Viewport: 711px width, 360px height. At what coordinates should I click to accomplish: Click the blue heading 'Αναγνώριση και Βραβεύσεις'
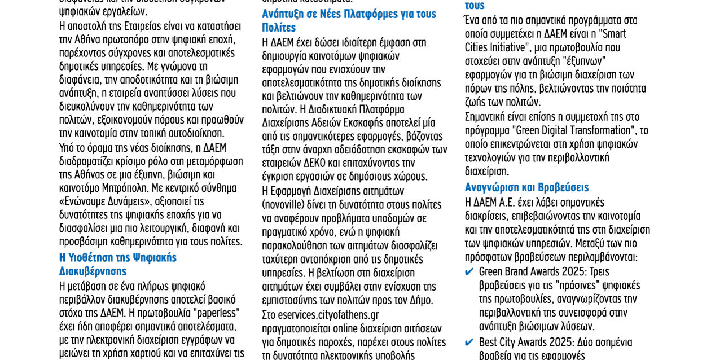(526, 187)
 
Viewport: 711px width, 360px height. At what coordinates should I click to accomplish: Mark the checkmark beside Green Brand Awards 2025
(469, 272)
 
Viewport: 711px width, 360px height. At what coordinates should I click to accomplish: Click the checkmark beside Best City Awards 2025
(469, 343)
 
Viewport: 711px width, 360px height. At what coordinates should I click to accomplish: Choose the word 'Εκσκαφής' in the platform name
(364, 122)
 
